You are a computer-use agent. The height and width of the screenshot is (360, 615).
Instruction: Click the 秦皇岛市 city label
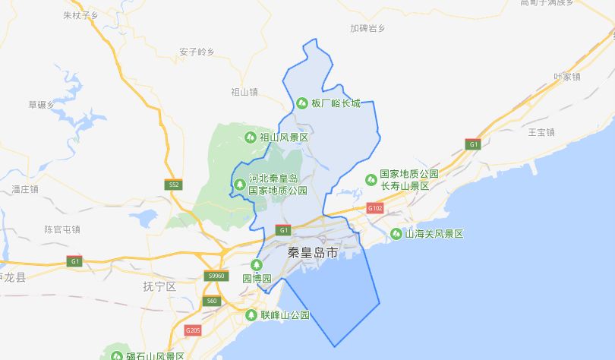pyautogui.click(x=313, y=252)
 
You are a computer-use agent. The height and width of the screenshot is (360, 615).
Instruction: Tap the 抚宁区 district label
pyautogui.click(x=159, y=286)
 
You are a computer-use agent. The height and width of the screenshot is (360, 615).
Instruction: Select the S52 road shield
pyautogui.click(x=174, y=185)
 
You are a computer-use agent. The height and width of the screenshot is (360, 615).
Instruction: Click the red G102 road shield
pyautogui.click(x=375, y=208)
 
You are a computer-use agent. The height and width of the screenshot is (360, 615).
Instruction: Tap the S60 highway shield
pyautogui.click(x=211, y=302)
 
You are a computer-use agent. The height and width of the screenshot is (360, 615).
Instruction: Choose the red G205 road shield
pyautogui.click(x=193, y=330)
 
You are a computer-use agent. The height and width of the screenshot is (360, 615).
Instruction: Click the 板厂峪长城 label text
pyautogui.click(x=335, y=103)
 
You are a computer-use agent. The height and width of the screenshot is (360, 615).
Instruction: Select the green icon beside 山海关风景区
pyautogui.click(x=396, y=234)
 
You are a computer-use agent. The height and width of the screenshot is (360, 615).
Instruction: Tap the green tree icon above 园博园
pyautogui.click(x=257, y=264)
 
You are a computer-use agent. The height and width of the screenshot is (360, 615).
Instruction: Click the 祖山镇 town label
pyautogui.click(x=244, y=92)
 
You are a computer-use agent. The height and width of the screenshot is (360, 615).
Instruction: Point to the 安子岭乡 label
pyautogui.click(x=197, y=52)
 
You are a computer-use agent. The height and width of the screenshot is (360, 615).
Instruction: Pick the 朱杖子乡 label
pyautogui.click(x=81, y=14)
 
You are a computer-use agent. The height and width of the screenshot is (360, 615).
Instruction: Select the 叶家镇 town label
pyautogui.click(x=566, y=77)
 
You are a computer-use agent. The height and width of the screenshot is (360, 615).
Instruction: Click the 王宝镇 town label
pyautogui.click(x=541, y=132)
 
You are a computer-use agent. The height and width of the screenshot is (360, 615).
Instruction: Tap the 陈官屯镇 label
pyautogui.click(x=62, y=229)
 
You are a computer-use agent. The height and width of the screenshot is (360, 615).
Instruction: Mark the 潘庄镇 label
pyautogui.click(x=25, y=189)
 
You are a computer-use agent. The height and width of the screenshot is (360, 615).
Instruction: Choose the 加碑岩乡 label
pyautogui.click(x=367, y=28)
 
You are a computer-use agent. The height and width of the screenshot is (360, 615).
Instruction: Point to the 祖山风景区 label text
pyautogui.click(x=284, y=137)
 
